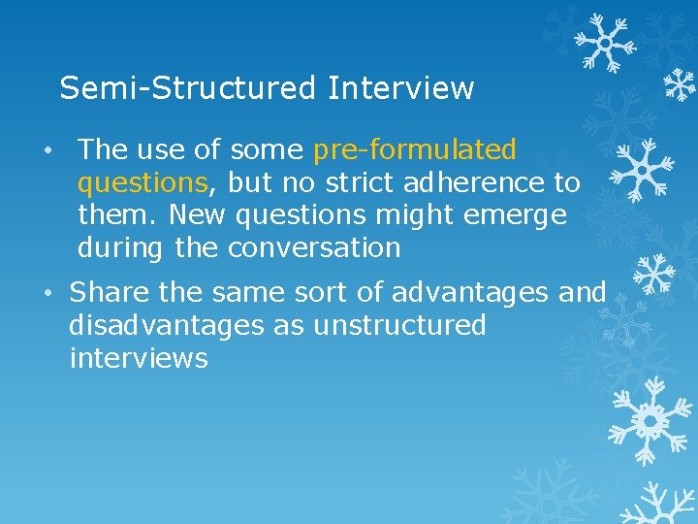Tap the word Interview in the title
pyautogui.click(x=400, y=88)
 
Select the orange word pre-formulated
pyautogui.click(x=415, y=149)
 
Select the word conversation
pyautogui.click(x=314, y=247)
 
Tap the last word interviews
pyautogui.click(x=139, y=358)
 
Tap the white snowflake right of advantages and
pyautogui.click(x=654, y=275)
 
